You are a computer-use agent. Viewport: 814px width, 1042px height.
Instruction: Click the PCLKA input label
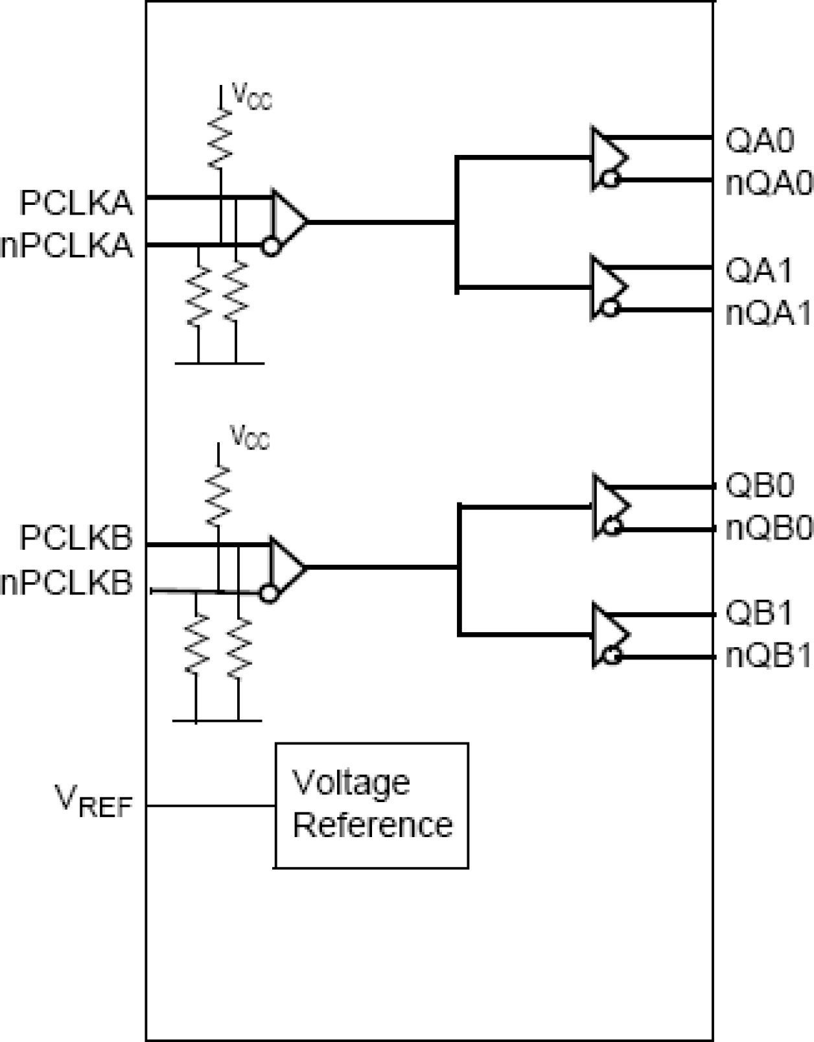pyautogui.click(x=76, y=204)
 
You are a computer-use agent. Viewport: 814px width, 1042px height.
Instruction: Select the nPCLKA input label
pyautogui.click(x=67, y=246)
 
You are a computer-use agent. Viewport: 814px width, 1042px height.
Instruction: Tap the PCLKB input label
pyautogui.click(x=76, y=538)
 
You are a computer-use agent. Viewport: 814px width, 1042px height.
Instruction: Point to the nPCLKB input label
pyautogui.click(x=67, y=582)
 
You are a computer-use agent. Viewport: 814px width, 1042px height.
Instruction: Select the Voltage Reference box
pyautogui.click(x=371, y=805)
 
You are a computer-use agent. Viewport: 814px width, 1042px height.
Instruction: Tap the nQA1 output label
pyautogui.click(x=769, y=314)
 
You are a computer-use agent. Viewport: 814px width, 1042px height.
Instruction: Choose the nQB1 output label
pyautogui.click(x=769, y=657)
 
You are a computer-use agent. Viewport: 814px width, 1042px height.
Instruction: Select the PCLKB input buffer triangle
pyautogui.click(x=286, y=567)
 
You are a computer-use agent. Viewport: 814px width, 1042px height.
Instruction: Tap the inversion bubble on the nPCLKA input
pyautogui.click(x=270, y=246)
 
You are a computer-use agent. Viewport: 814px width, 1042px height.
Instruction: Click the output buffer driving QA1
pyautogui.click(x=607, y=287)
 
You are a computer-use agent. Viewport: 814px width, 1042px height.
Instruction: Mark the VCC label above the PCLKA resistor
pyautogui.click(x=251, y=97)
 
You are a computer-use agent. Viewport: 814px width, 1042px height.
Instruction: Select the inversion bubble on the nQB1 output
pyautogui.click(x=611, y=656)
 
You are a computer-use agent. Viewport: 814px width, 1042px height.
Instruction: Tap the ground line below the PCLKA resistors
pyautogui.click(x=219, y=363)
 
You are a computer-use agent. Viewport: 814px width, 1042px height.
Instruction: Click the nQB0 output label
pyautogui.click(x=769, y=528)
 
